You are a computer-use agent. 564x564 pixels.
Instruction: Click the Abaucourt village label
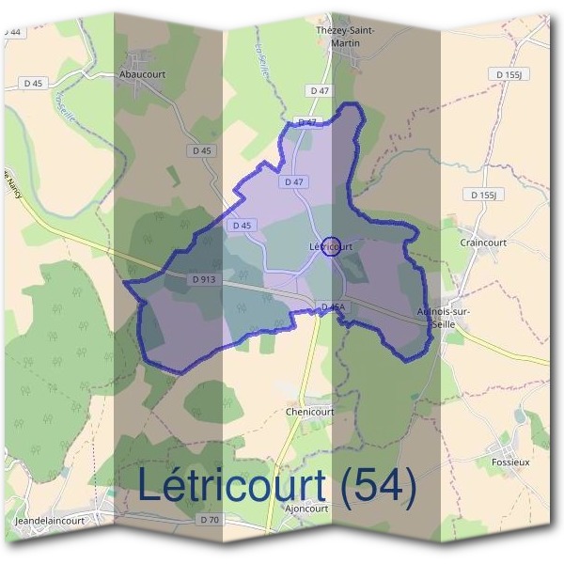pyautogui.click(x=142, y=71)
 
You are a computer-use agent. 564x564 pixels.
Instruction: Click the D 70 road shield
pyautogui.click(x=210, y=519)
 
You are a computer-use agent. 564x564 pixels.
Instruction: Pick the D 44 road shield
pyautogui.click(x=11, y=31)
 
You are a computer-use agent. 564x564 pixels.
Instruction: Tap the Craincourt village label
pyautogui.click(x=483, y=242)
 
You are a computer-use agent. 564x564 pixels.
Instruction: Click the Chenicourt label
pyautogui.click(x=309, y=412)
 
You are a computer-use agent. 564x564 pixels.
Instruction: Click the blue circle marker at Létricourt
pyautogui.click(x=331, y=247)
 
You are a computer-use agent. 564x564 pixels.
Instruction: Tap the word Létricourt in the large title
pyautogui.click(x=231, y=486)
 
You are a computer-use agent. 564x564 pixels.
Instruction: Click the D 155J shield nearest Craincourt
pyautogui.click(x=485, y=195)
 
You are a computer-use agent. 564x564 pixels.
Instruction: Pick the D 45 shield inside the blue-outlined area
pyautogui.click(x=241, y=226)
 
